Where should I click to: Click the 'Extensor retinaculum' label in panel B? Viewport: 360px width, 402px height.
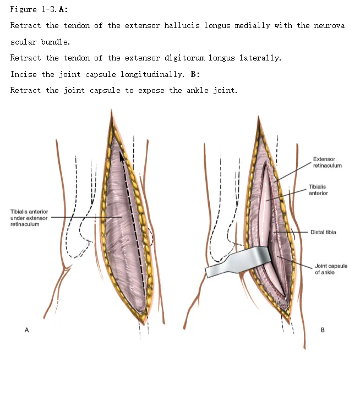(327, 162)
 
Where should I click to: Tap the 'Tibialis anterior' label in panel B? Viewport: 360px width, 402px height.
(318, 190)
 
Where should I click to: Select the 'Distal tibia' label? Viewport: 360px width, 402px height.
(323, 232)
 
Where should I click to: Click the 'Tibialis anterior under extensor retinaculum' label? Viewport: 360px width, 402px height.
(29, 218)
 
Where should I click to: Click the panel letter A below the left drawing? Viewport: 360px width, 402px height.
(25, 330)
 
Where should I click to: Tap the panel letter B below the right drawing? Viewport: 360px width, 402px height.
(323, 330)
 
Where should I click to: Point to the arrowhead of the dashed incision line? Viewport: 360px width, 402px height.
(122, 155)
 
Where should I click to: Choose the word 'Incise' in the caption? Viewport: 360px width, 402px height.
(24, 74)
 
